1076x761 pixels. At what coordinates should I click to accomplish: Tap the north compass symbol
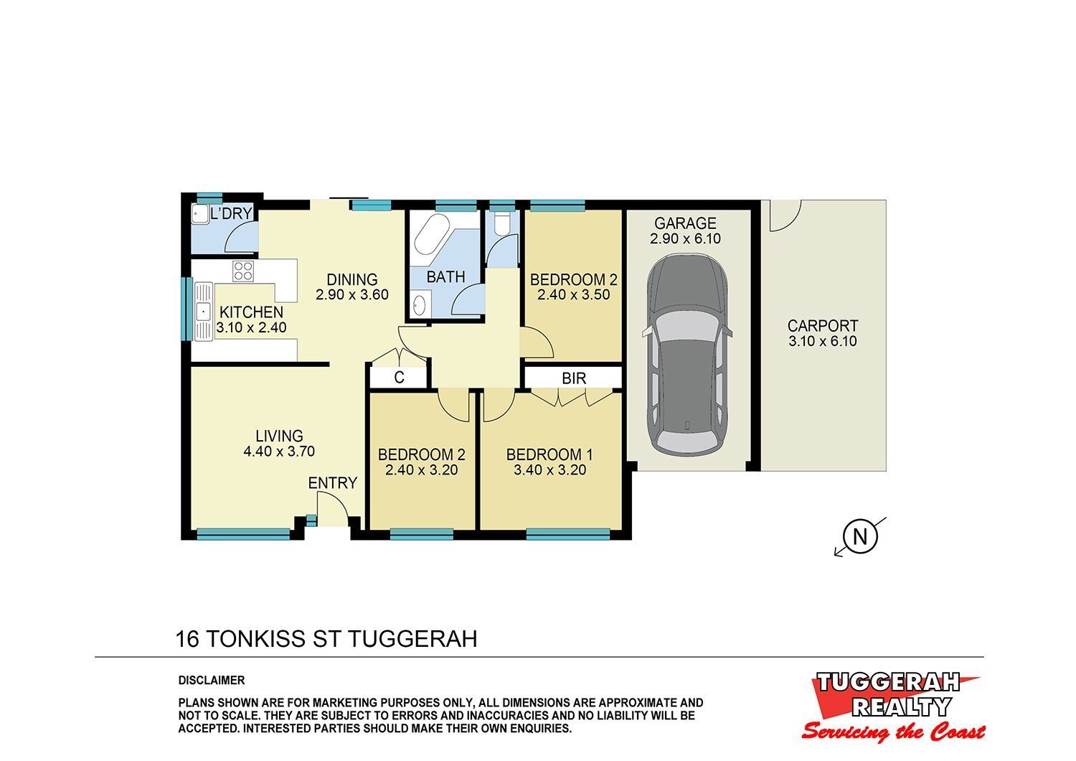[x=860, y=536]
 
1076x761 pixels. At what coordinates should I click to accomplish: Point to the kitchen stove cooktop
[x=243, y=271]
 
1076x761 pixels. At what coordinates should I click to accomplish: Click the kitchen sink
[x=204, y=312]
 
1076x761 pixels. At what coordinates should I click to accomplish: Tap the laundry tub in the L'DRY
[x=199, y=215]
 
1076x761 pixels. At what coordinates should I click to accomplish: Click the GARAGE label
[x=685, y=223]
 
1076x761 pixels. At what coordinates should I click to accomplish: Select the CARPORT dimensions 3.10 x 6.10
[x=822, y=341]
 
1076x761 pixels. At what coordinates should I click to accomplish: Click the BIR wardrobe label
[x=574, y=379]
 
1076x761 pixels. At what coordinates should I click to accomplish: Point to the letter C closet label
[x=399, y=378]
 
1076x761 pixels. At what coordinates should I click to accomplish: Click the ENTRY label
[x=332, y=482]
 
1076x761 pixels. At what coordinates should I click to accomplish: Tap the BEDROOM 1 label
[x=549, y=454]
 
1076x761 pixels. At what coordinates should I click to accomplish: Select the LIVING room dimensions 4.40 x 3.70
[x=279, y=452]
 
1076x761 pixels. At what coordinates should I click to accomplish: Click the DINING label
[x=352, y=279]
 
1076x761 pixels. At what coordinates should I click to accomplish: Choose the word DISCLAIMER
[x=212, y=681]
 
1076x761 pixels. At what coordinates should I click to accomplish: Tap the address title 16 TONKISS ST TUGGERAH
[x=326, y=639]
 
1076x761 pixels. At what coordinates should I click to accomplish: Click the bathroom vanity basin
[x=420, y=305]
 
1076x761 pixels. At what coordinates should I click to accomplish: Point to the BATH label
[x=445, y=277]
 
